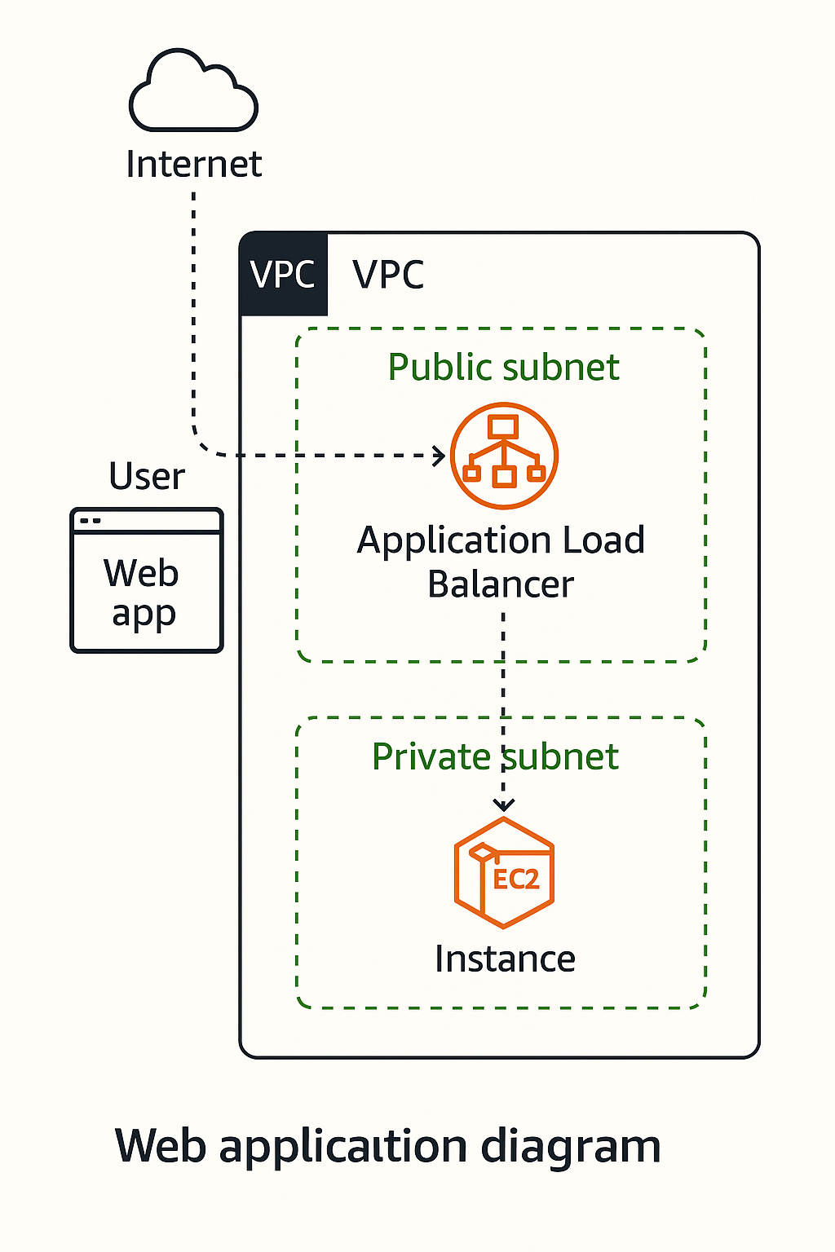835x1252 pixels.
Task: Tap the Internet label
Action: [x=193, y=164]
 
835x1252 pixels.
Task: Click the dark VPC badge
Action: [x=283, y=274]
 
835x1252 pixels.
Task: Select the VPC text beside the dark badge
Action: [x=388, y=274]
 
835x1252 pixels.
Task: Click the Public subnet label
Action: [x=503, y=367]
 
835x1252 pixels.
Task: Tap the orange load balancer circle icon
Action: [x=504, y=455]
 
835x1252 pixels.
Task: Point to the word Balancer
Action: [x=501, y=584]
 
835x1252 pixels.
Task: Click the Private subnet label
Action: [x=495, y=756]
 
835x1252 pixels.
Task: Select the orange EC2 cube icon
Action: [x=504, y=872]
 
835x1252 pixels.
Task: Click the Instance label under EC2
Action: [x=505, y=959]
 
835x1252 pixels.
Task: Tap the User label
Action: [x=147, y=476]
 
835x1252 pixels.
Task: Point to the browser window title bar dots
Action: [x=91, y=520]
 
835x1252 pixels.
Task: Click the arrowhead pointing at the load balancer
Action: [x=440, y=455]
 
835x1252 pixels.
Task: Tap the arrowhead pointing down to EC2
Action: [x=504, y=805]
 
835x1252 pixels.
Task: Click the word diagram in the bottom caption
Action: [x=570, y=1146]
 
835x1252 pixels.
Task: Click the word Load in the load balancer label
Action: [x=604, y=540]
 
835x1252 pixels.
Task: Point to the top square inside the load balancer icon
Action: [x=503, y=425]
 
